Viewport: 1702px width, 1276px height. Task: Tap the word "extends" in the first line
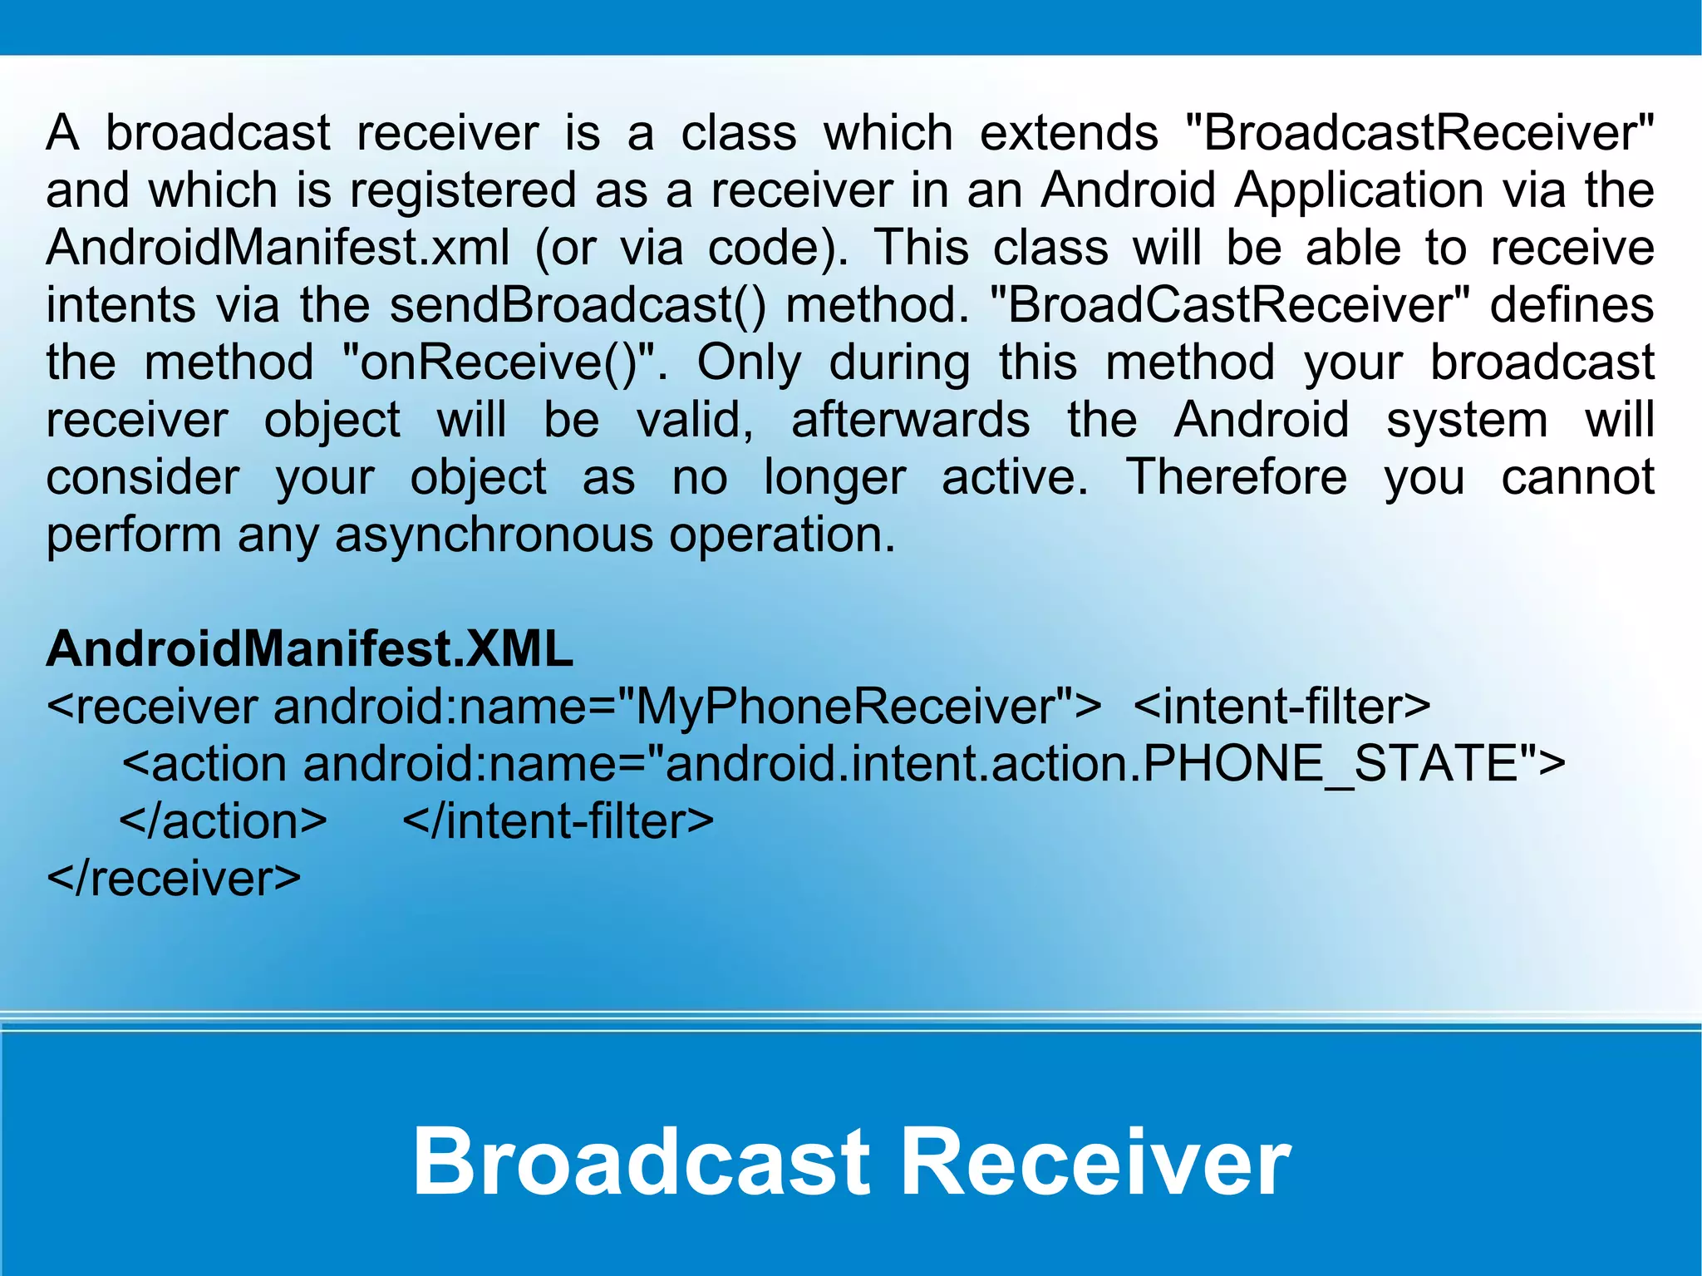[x=1069, y=133]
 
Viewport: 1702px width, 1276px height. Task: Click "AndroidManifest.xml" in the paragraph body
[x=278, y=248]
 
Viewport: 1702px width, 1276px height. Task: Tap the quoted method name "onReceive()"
[x=498, y=362]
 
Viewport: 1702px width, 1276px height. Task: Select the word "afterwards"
[x=910, y=420]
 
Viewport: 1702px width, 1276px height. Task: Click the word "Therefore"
[x=1236, y=477]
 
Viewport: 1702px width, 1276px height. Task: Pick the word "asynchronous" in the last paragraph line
[x=494, y=535]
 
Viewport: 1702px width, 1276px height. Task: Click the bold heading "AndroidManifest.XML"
[x=309, y=649]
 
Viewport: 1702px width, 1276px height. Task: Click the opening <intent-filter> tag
[x=1281, y=707]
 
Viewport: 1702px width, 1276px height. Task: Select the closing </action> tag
[x=224, y=821]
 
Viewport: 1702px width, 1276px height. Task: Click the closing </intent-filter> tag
[x=558, y=821]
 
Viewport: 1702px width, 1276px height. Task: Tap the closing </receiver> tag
[x=174, y=879]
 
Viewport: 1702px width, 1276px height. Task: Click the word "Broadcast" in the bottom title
[x=641, y=1161]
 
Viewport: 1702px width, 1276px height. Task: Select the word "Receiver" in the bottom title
[x=1095, y=1161]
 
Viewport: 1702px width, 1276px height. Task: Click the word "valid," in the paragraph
[x=695, y=420]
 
